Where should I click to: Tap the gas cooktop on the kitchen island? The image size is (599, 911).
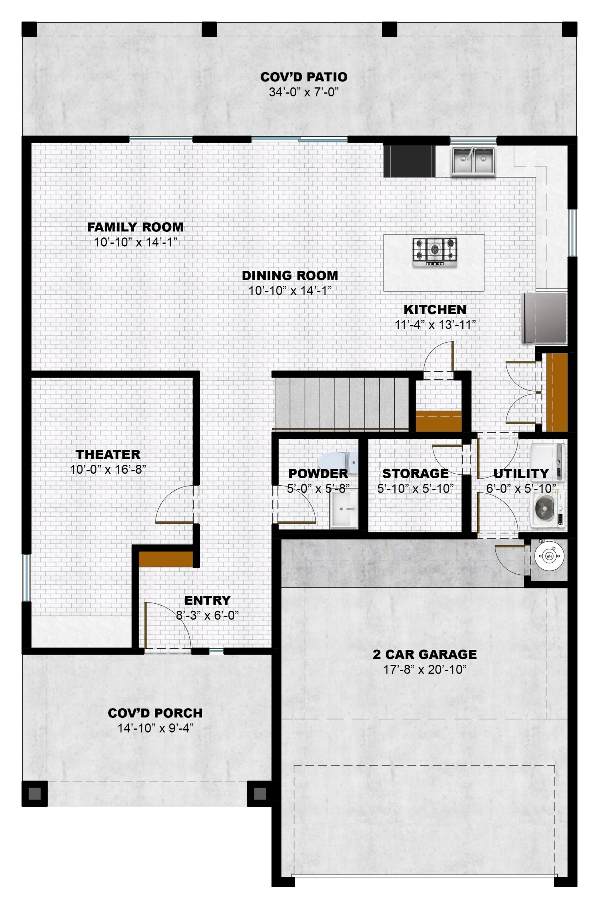click(x=435, y=252)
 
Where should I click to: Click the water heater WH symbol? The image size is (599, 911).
click(x=549, y=556)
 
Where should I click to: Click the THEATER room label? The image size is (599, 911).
click(x=108, y=454)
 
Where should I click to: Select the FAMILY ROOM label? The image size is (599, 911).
click(x=136, y=227)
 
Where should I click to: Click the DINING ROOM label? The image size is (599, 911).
click(x=290, y=275)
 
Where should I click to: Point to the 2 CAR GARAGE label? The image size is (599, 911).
click(x=425, y=654)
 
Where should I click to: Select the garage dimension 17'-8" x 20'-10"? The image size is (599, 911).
click(x=425, y=669)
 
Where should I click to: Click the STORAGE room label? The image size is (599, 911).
click(x=415, y=474)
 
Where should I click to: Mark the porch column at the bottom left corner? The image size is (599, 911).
click(x=35, y=794)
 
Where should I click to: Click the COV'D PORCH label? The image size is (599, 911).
click(x=155, y=713)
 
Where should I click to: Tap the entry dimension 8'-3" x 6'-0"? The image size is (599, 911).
click(x=207, y=615)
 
